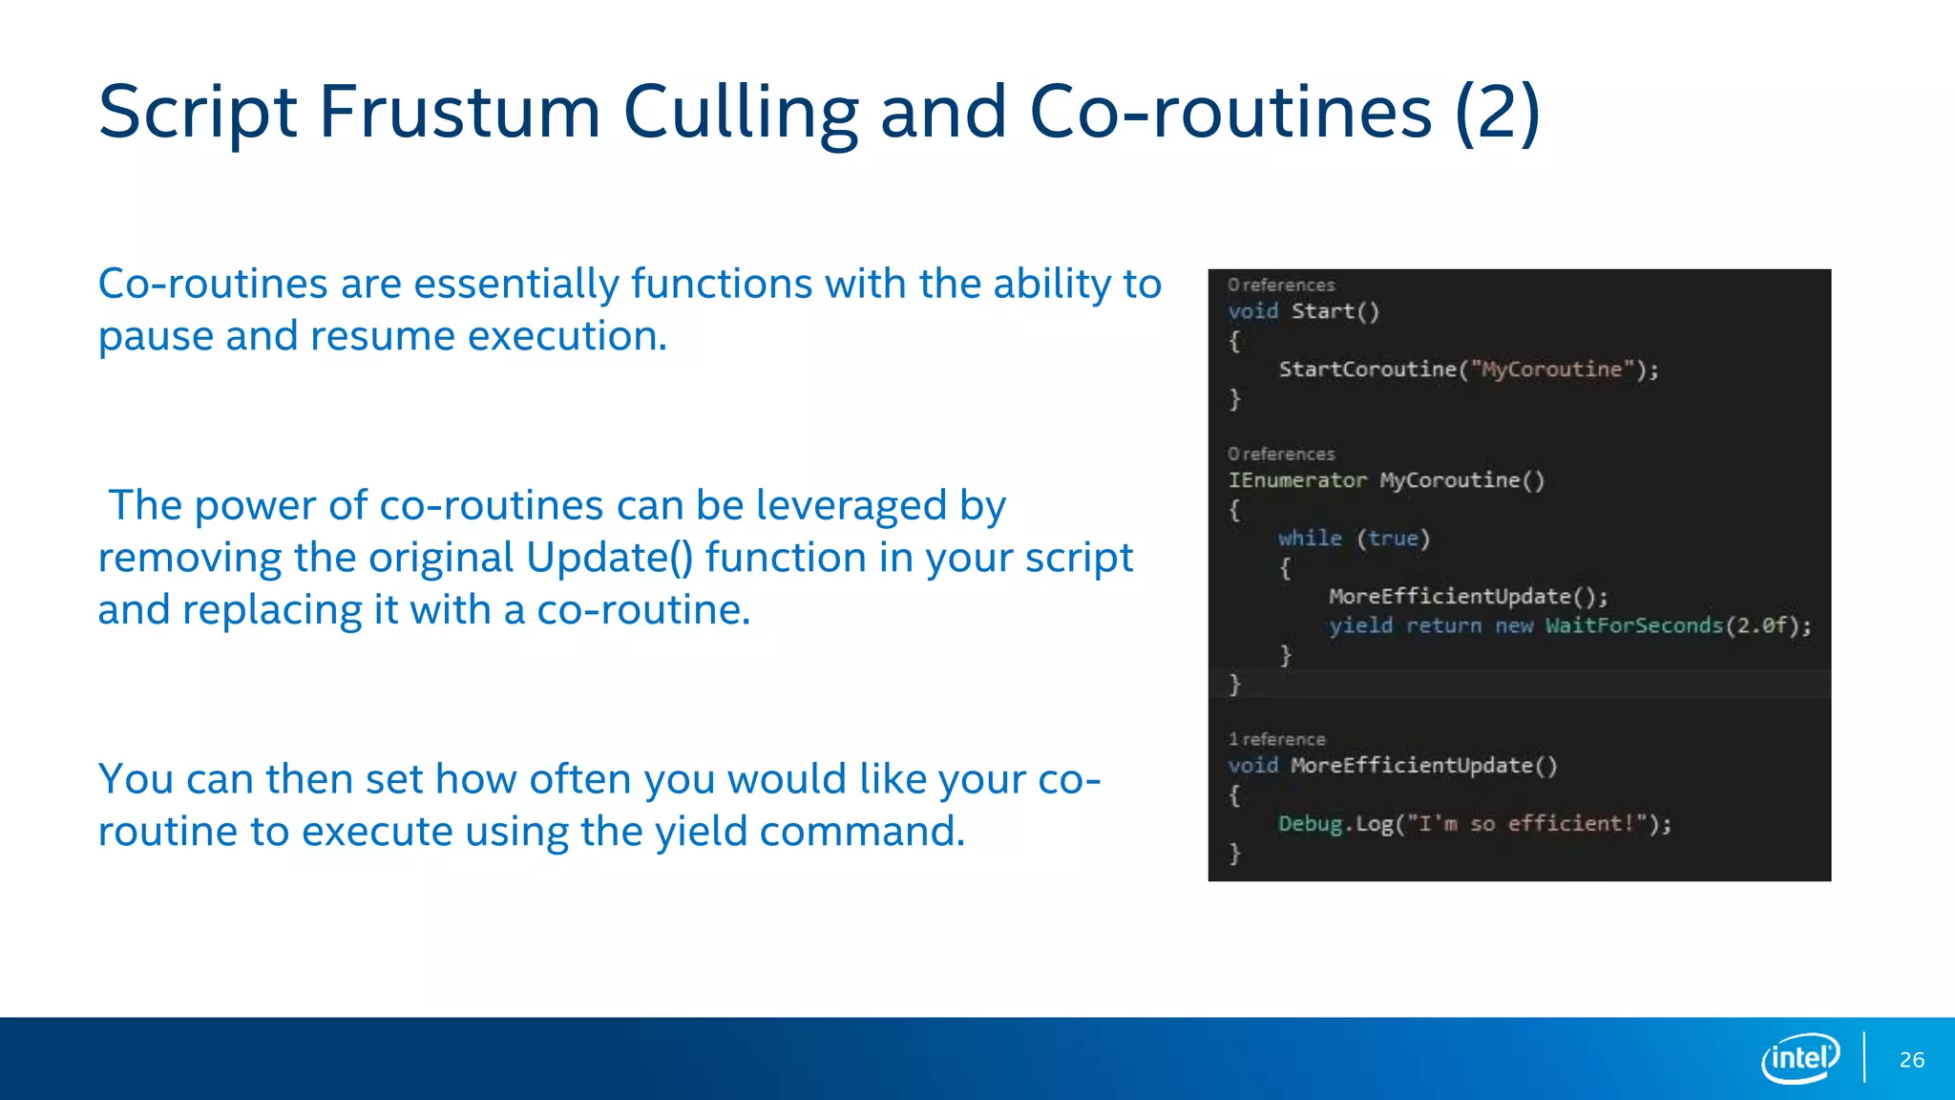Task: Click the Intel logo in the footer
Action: coord(1800,1058)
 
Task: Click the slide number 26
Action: coord(1911,1060)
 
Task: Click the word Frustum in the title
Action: coord(459,113)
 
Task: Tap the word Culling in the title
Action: coord(741,113)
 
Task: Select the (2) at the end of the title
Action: coord(1497,113)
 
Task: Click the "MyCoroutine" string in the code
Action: coord(1551,370)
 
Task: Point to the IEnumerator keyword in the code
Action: coord(1297,480)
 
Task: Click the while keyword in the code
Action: coord(1310,539)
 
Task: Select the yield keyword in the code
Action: coord(1360,625)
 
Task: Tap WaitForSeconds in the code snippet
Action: coord(1634,625)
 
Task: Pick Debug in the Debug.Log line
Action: coord(1310,823)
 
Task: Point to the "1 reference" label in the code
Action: coord(1276,739)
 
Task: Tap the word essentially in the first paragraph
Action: coord(515,285)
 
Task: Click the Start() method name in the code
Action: coord(1335,311)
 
